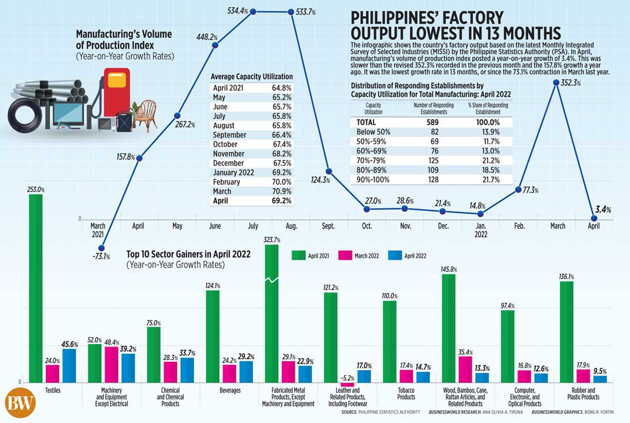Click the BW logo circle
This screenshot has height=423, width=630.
click(x=21, y=404)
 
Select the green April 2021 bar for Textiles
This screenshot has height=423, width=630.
click(x=36, y=288)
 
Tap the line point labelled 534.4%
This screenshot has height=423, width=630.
click(x=253, y=11)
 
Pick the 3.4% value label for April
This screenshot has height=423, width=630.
click(x=602, y=210)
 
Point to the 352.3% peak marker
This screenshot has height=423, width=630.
click(x=555, y=83)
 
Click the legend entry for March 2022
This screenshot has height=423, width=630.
click(x=363, y=256)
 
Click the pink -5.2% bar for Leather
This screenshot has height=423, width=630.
click(x=347, y=384)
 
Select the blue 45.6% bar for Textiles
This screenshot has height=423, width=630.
click(x=69, y=365)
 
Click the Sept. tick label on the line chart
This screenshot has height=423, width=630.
click(x=329, y=226)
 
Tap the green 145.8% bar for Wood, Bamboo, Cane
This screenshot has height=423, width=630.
click(x=448, y=328)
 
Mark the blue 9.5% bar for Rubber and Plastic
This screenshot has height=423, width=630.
click(x=600, y=379)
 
